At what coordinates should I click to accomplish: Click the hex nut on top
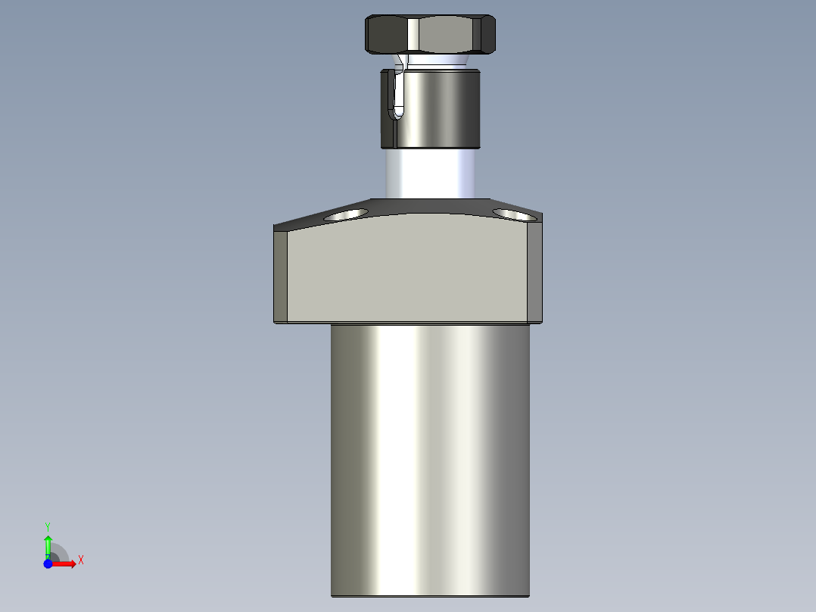click(x=430, y=35)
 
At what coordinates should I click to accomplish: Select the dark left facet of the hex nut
click(x=387, y=35)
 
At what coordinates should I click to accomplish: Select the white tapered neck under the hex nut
click(x=435, y=61)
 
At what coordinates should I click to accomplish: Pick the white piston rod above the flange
click(x=430, y=173)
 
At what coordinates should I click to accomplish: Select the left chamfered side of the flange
click(x=281, y=275)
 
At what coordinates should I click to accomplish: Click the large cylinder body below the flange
click(x=430, y=454)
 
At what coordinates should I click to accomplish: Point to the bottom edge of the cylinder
click(x=430, y=595)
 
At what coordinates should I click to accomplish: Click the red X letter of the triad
click(x=80, y=560)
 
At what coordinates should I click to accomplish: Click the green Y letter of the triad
click(x=48, y=526)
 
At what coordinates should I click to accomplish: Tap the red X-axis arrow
click(x=67, y=564)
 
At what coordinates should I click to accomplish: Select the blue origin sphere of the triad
click(x=48, y=564)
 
